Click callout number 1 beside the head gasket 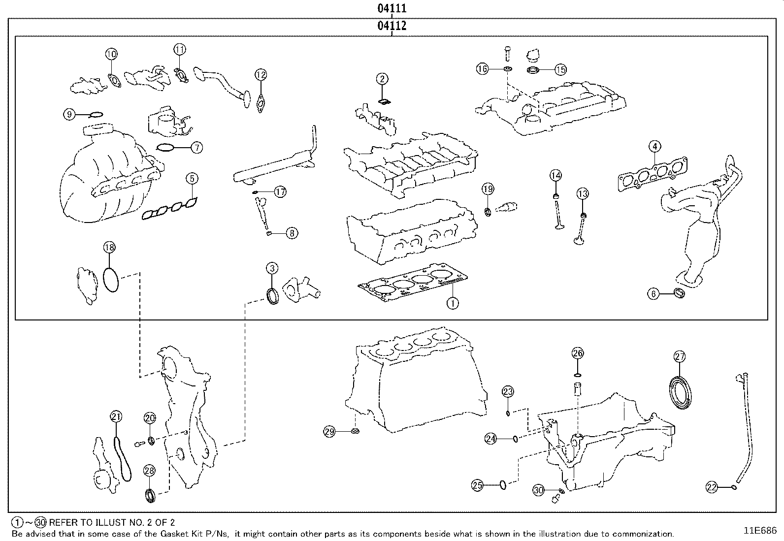coord(452,303)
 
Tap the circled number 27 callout coord(680,357)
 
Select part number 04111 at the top coord(392,9)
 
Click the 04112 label coord(392,26)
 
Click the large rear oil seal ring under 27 coord(680,392)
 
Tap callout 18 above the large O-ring coord(109,248)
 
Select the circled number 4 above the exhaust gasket coord(654,146)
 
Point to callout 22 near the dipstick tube coord(712,487)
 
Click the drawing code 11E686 coord(759,531)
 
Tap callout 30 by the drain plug coord(539,490)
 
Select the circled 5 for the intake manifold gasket coord(192,179)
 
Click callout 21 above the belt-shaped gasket coord(116,417)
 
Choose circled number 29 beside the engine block coord(329,432)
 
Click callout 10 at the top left coord(112,54)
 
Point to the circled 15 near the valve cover coord(560,70)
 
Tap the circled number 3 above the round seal coord(272,268)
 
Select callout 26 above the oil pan coord(578,353)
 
